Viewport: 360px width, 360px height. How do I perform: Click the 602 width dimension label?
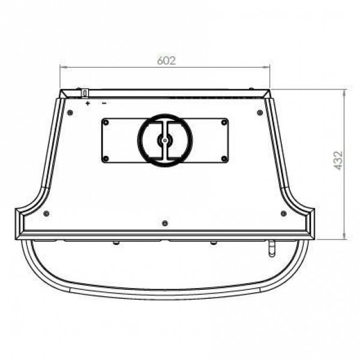pos(166,61)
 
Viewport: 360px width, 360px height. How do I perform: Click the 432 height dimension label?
pos(338,160)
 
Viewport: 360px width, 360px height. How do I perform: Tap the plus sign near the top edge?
pos(88,103)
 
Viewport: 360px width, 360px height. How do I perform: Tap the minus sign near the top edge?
pos(104,103)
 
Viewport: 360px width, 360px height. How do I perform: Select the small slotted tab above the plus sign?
pos(85,93)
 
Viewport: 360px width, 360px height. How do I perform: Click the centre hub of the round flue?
pos(164,140)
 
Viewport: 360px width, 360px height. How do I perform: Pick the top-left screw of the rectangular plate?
pos(106,122)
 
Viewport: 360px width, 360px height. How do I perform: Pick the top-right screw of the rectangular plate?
pos(224,122)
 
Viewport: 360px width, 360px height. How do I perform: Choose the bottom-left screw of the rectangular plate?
pos(106,158)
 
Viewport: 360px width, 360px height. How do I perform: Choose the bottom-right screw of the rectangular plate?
pos(224,158)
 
